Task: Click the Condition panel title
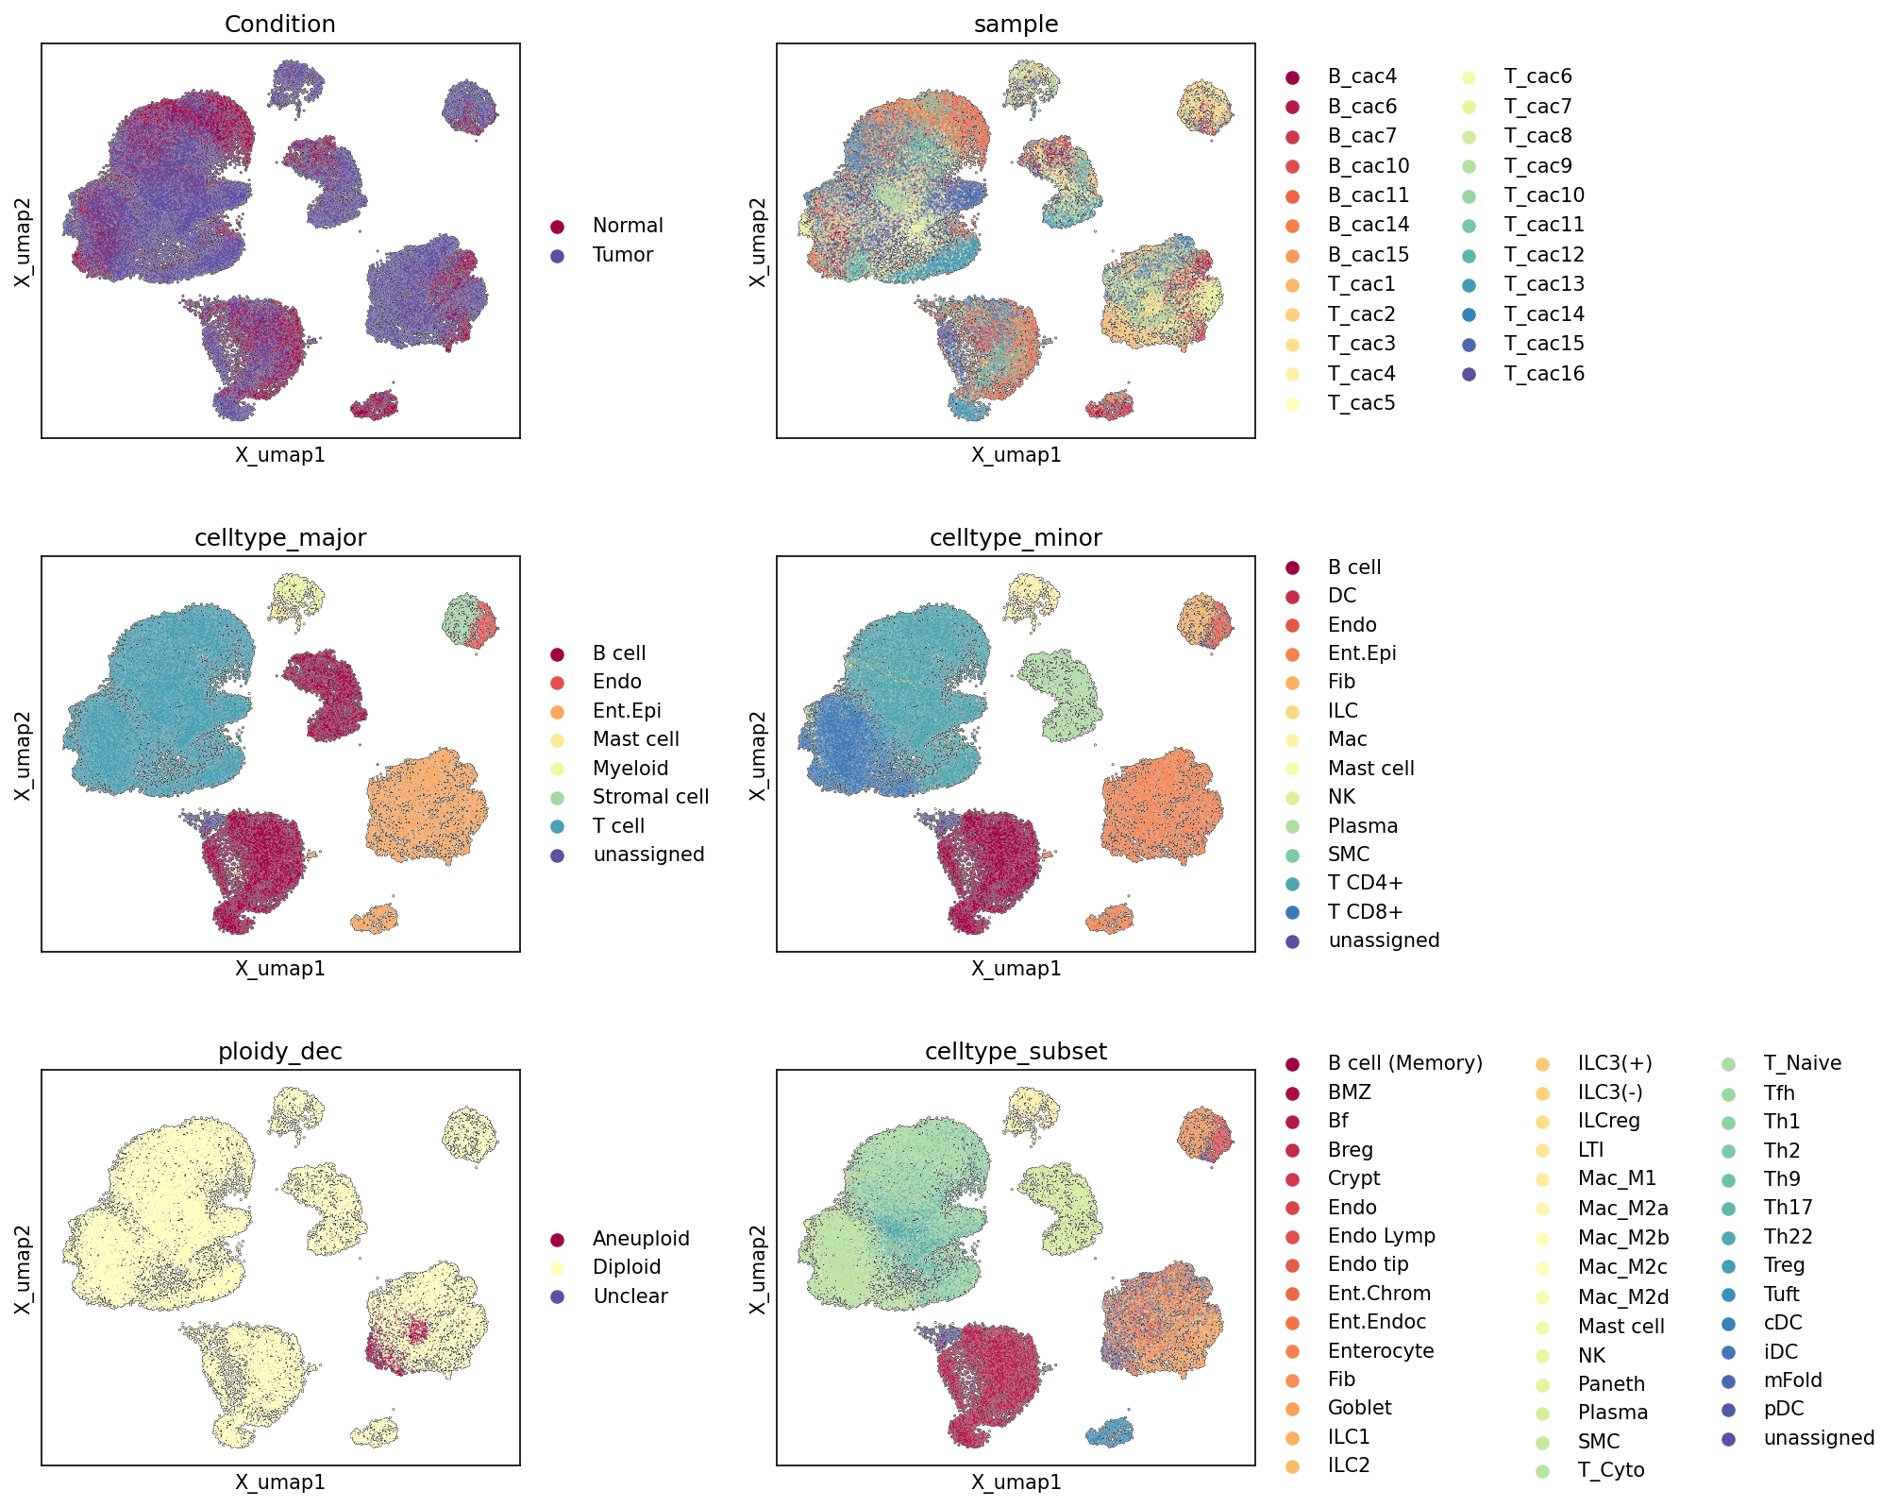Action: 279,25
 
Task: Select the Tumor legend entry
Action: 623,255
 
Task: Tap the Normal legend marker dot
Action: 558,227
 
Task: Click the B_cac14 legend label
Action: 1369,225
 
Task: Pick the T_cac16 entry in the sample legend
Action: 1544,374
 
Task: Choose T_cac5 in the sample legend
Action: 1361,403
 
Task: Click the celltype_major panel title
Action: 279,538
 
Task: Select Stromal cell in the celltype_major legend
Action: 650,797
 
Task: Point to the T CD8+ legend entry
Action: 1366,912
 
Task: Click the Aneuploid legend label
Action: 641,1239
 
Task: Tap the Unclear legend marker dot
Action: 558,1296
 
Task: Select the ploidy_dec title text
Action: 279,1052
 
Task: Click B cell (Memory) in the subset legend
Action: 1405,1063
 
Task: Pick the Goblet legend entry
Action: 1359,1408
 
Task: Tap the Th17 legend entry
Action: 1788,1208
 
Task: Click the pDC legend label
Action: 1784,1409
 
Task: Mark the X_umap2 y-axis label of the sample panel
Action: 757,242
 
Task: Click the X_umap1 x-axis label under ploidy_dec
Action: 279,1482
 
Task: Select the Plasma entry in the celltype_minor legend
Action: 1363,826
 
